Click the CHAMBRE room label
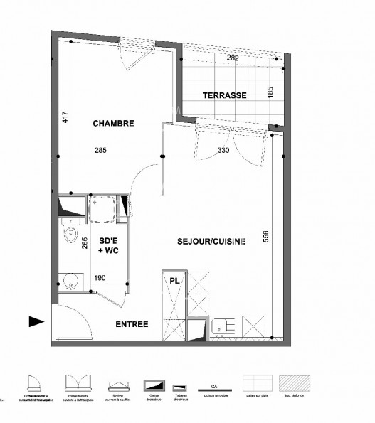[113, 123]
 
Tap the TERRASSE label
[224, 95]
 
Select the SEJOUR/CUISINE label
[211, 241]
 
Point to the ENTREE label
[132, 324]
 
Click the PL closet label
[174, 281]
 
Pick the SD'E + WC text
[109, 246]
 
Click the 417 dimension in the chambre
[65, 117]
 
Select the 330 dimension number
[224, 150]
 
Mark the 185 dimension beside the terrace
[270, 92]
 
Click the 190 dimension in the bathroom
[100, 279]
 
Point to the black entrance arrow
[36, 321]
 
